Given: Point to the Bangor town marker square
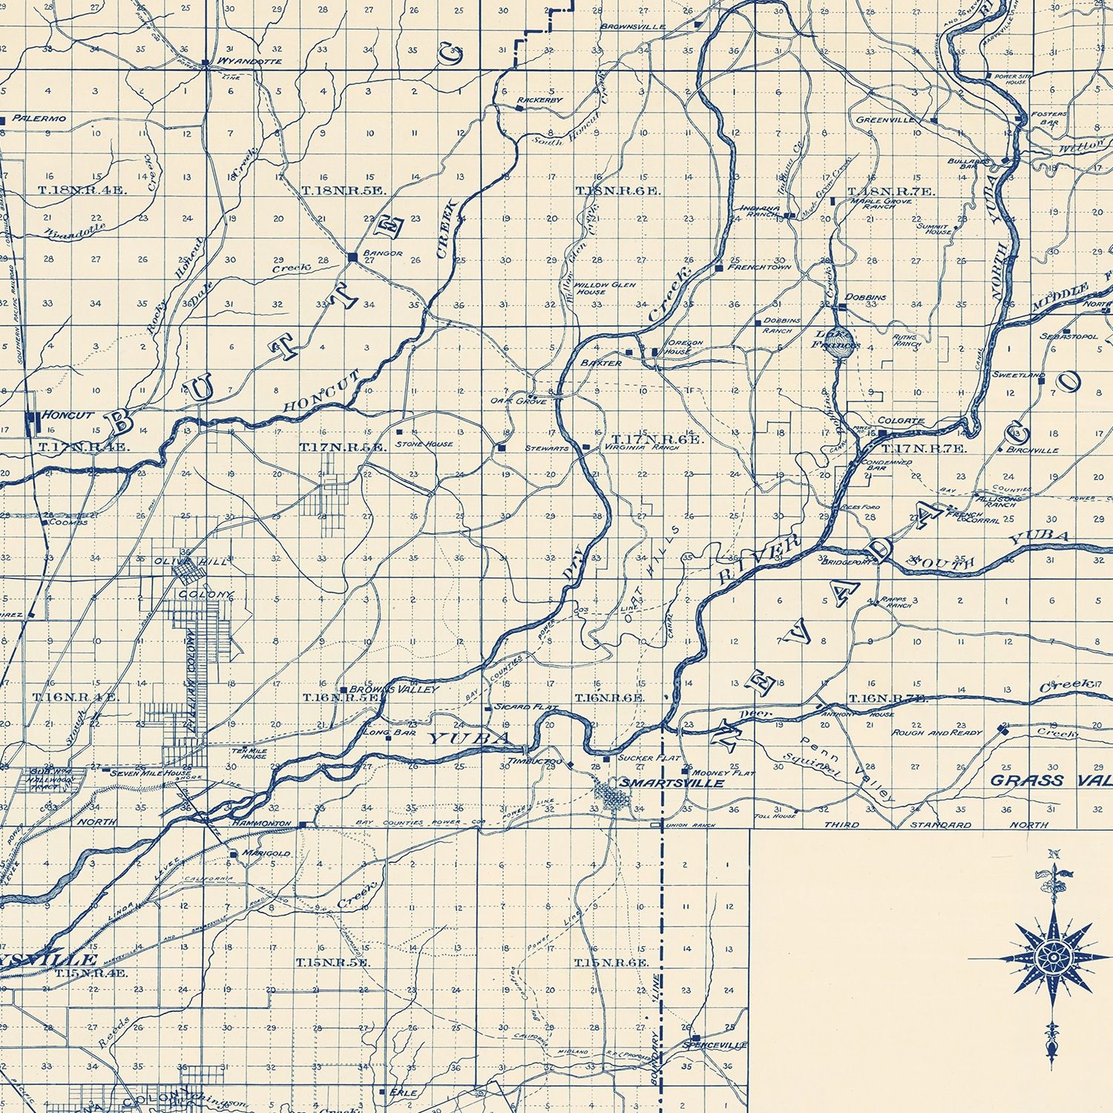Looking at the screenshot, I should [x=352, y=257].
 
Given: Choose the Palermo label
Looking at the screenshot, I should [x=43, y=119].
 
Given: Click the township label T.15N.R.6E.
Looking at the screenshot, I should [x=612, y=962].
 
